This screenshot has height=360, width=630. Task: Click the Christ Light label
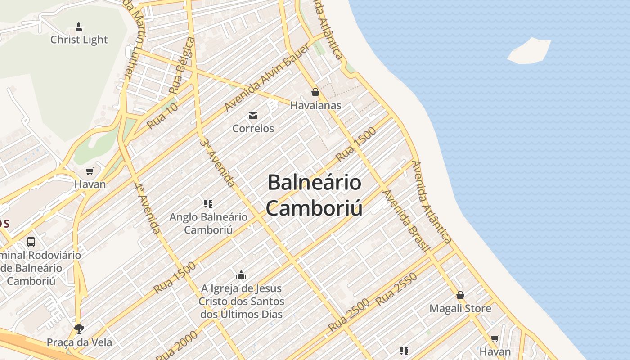coord(79,40)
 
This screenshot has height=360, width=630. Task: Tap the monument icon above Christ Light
coord(79,27)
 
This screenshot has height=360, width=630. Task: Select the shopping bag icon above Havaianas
coord(315,92)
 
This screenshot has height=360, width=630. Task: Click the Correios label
coord(253,128)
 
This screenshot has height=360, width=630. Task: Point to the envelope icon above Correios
coord(253,116)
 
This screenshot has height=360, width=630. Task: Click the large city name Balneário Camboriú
coord(314,195)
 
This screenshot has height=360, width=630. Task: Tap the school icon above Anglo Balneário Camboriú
coord(208,204)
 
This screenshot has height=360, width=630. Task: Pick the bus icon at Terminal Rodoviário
coord(31,242)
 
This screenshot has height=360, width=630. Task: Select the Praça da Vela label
coord(79,342)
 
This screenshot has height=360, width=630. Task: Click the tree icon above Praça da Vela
coord(79,328)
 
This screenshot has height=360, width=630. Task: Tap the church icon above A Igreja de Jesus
coord(241,275)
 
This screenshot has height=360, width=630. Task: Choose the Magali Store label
coord(460,309)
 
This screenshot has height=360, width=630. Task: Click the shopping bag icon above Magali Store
coord(460,296)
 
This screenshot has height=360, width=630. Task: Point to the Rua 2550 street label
coord(396,289)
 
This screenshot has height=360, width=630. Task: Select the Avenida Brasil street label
coord(404,220)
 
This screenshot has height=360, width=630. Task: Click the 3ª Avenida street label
coord(218,162)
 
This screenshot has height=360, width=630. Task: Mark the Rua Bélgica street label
coord(182,66)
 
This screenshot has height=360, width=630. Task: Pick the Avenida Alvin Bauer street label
coord(267,78)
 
